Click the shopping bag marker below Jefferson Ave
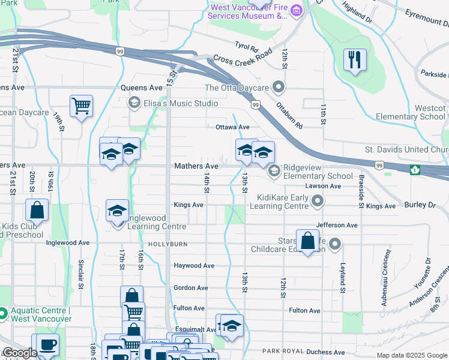click(307, 241)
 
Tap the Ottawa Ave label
click(232, 127)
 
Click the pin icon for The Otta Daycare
click(278, 88)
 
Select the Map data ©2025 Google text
click(412, 355)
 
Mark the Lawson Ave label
click(323, 186)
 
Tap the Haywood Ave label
click(194, 265)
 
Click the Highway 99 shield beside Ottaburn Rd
click(256, 106)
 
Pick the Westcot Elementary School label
click(411, 112)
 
